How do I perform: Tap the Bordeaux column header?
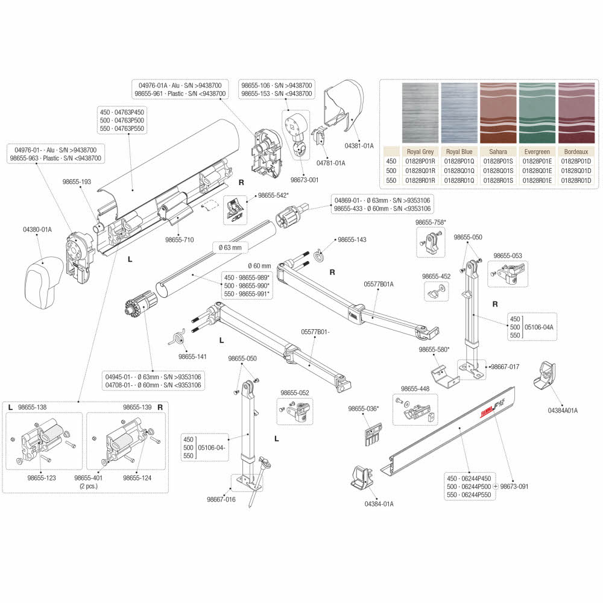pos(577,152)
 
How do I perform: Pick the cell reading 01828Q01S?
pos(498,171)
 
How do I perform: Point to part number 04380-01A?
pos(37,229)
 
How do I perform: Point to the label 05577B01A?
pos(379,283)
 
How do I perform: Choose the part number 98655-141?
pos(192,357)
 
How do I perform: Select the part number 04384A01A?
pos(562,410)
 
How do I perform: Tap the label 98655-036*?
pos(364,408)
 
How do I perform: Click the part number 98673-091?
pos(514,486)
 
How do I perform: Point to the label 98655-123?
pos(42,478)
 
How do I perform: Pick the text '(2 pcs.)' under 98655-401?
pos(89,485)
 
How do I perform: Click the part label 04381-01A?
pos(359,145)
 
